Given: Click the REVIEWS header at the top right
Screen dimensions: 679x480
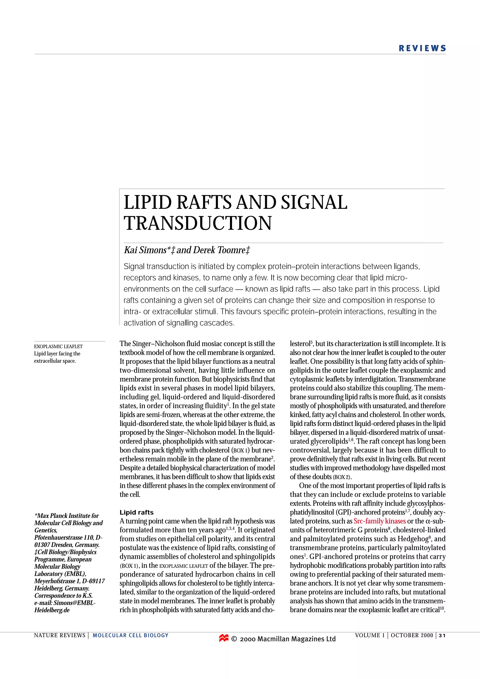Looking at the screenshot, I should [422, 48].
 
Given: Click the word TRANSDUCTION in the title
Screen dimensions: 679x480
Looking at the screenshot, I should [198, 223].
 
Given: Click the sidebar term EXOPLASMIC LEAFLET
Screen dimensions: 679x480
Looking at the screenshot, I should [58, 346].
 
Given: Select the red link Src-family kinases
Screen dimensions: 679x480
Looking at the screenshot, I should [379, 521].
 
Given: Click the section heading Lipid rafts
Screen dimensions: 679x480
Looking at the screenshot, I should [136, 512].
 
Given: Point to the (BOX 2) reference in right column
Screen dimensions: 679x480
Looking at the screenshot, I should [342, 477].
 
